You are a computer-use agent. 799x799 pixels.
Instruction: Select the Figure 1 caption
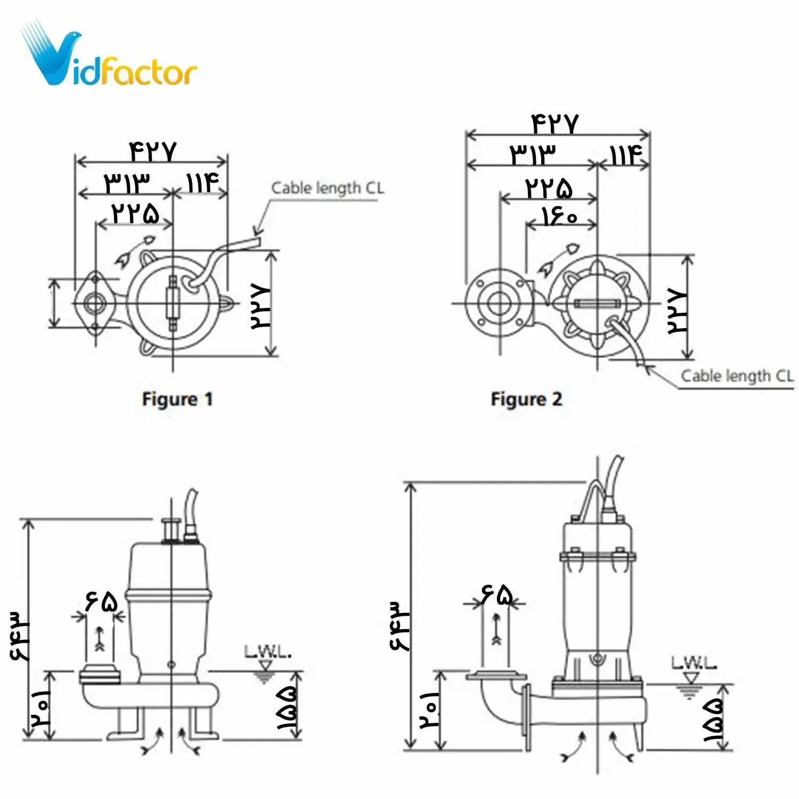point(177,399)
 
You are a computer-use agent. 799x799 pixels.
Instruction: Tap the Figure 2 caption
point(526,399)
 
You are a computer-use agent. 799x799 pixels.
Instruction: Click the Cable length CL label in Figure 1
point(327,188)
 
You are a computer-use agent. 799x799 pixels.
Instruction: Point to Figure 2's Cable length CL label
point(737,376)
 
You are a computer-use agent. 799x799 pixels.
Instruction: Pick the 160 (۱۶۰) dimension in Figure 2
point(559,216)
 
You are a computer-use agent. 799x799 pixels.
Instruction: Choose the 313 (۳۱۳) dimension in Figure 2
point(533,155)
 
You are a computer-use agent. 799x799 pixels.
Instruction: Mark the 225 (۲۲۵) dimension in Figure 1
point(135,213)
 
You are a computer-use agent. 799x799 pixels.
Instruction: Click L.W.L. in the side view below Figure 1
point(267,651)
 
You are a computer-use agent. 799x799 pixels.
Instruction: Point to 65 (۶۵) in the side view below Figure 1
point(101,602)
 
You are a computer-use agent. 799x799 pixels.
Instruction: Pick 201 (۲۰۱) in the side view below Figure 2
point(429,710)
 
